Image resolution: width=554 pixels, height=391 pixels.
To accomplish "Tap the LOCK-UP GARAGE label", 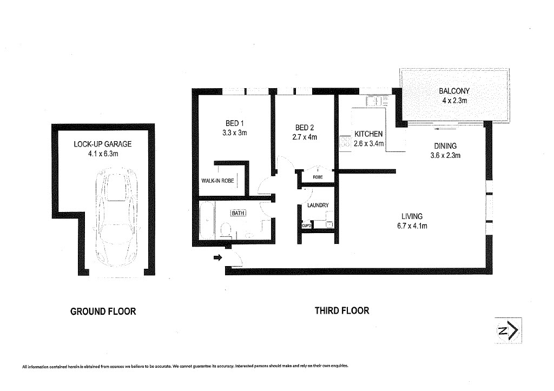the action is point(102,144).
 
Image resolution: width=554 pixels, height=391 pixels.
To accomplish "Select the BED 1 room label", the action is point(235,123).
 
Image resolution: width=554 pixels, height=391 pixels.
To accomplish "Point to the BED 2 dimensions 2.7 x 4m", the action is point(305,137).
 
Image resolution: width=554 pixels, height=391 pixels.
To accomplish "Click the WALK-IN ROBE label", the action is point(217,181).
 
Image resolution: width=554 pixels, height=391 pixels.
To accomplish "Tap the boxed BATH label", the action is point(238,213).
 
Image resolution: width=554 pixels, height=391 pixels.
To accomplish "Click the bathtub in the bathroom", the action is point(207,221).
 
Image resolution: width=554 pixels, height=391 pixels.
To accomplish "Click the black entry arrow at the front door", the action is point(217,257).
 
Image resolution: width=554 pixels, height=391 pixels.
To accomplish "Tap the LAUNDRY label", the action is point(318,205).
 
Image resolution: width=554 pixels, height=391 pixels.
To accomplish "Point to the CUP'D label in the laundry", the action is point(306,225).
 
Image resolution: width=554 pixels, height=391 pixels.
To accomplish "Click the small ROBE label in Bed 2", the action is point(318,177).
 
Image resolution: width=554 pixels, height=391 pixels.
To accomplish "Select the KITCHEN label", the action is point(368,134).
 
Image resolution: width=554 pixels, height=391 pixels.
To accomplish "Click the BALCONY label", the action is point(454,91).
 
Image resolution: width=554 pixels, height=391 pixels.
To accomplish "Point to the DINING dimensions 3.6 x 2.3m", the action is point(445,155).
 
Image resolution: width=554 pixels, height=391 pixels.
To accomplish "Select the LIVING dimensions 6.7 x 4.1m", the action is point(412,226).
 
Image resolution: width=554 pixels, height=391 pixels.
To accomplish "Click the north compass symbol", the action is point(508,330).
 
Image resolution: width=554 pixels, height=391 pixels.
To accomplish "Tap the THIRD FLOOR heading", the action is point(342,311).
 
